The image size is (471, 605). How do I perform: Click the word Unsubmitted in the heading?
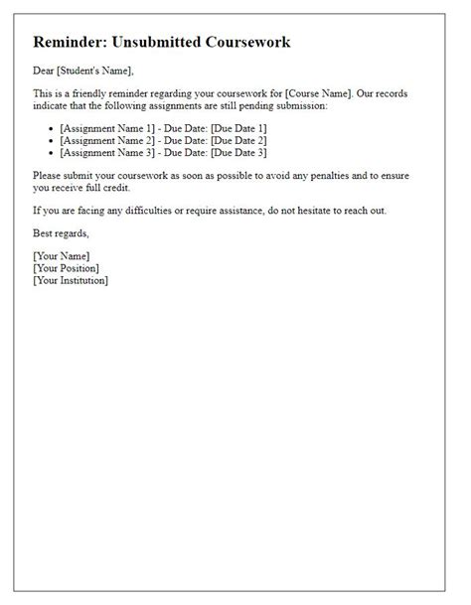(x=162, y=44)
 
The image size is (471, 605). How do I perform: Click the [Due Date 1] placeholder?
(x=232, y=128)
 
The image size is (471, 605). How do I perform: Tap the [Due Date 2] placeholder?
(x=232, y=140)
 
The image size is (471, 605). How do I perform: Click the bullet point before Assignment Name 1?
(x=51, y=129)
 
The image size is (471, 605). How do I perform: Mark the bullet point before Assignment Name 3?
(x=51, y=153)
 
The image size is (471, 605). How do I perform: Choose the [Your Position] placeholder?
(x=67, y=268)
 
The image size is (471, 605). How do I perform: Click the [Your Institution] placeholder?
(x=71, y=280)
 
